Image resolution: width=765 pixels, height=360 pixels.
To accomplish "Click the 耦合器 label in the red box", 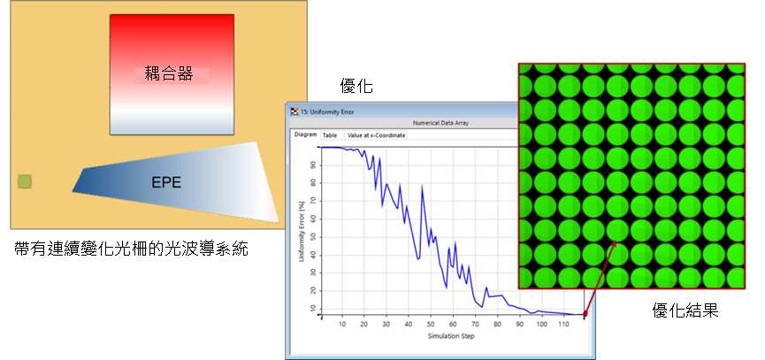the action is click(169, 74).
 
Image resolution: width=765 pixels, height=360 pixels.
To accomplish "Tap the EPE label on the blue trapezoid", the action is click(166, 183).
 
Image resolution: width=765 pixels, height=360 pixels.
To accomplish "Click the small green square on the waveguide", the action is click(25, 182).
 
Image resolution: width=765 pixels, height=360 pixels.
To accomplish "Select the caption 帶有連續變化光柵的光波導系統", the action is click(132, 249).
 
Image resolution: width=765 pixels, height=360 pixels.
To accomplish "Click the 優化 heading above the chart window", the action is click(356, 87).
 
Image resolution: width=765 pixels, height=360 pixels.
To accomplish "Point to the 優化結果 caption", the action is click(685, 310).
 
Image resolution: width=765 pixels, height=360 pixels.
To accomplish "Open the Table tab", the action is click(330, 135).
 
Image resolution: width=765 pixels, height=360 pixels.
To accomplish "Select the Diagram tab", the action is click(305, 134).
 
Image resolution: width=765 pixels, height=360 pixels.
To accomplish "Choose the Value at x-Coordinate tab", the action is click(376, 135).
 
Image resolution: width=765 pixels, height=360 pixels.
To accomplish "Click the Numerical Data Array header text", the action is click(440, 123).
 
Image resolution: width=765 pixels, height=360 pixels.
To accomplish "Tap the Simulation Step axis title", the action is click(451, 336).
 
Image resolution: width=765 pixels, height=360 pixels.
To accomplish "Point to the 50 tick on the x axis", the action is click(431, 325).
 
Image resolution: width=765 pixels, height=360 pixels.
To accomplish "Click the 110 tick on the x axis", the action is click(562, 325).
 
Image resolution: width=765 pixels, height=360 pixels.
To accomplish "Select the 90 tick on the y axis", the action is click(313, 165).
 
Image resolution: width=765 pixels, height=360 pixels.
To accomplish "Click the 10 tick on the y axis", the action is click(313, 309).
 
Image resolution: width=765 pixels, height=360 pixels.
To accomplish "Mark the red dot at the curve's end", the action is click(585, 315).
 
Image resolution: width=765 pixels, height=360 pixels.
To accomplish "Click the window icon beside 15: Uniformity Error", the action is click(295, 111).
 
